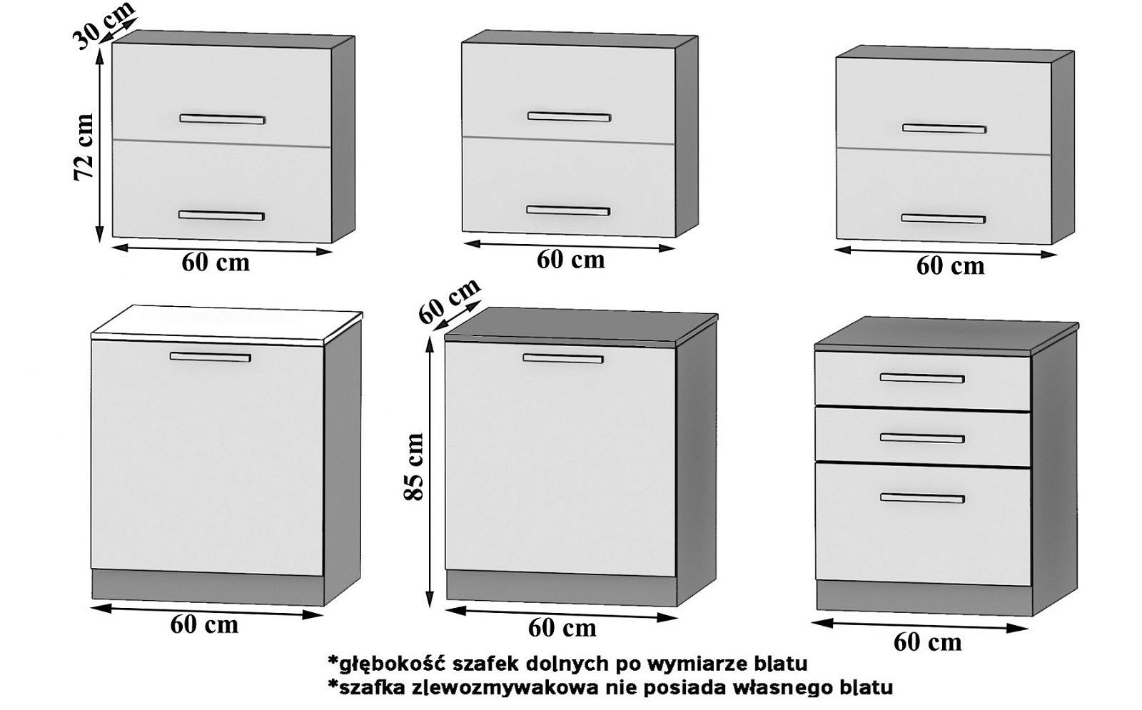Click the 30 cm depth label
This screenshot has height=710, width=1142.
tap(105, 25)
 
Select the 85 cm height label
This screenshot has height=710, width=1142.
tap(414, 467)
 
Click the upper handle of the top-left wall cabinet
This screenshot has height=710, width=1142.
tap(222, 118)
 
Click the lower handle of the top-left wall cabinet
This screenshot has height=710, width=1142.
tap(221, 215)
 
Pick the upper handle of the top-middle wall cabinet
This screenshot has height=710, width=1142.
tap(569, 116)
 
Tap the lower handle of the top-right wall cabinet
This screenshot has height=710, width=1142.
tap(943, 218)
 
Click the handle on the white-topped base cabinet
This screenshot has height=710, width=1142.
tap(210, 356)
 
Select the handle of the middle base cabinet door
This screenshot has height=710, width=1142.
tap(562, 358)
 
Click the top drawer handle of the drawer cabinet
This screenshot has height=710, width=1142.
tap(921, 378)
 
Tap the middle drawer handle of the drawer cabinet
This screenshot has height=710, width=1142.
tap(921, 437)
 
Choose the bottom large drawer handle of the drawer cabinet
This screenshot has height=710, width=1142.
tap(921, 497)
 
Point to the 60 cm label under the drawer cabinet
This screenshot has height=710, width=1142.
tap(927, 641)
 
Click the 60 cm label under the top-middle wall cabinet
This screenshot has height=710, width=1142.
tap(570, 260)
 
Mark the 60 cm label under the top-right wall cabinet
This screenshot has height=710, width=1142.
tap(950, 266)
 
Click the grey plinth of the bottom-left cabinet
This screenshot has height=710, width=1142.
tap(207, 586)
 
